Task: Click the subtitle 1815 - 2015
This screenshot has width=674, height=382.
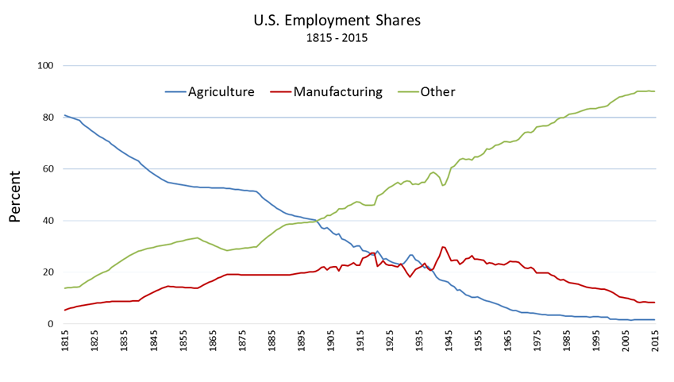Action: pos(337,37)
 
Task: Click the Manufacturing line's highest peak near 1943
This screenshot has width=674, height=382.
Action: pos(442,247)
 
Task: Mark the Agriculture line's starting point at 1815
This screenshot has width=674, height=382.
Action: pos(65,115)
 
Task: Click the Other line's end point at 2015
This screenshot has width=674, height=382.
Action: pos(653,91)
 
